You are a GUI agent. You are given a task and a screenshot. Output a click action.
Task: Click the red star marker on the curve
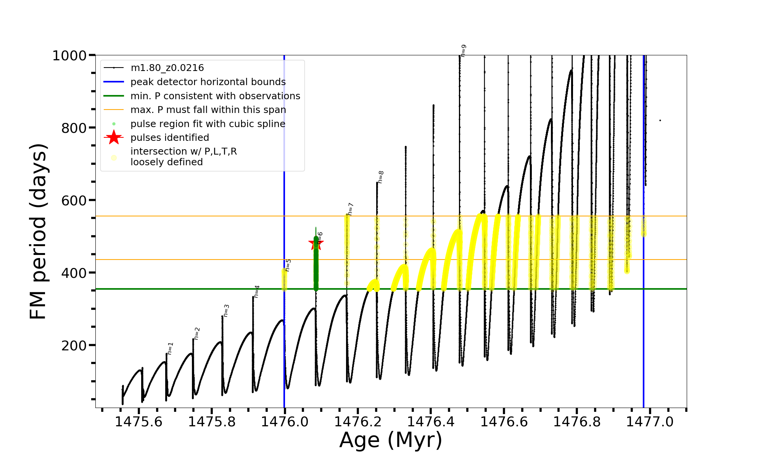(x=316, y=243)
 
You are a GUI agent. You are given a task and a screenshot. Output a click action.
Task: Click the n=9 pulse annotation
(x=464, y=51)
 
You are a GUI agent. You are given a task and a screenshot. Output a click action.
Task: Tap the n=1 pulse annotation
(x=170, y=348)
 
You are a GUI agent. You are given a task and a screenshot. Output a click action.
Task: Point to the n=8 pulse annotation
(x=381, y=177)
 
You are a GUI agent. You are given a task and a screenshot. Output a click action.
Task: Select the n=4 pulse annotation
(x=257, y=292)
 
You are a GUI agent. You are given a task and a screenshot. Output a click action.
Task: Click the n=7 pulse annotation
(x=351, y=209)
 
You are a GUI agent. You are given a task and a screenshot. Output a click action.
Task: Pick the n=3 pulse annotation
(x=226, y=311)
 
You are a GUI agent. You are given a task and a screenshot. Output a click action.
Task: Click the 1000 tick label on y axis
(x=69, y=56)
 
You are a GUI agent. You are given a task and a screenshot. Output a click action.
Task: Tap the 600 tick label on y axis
(x=74, y=200)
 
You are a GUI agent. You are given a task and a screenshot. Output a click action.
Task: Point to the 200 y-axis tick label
(x=74, y=345)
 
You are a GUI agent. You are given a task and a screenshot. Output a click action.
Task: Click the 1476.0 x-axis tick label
(x=285, y=422)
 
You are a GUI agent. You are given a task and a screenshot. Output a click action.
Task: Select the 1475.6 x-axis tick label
(x=138, y=422)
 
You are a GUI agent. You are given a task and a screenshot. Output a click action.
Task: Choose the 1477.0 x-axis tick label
(x=650, y=422)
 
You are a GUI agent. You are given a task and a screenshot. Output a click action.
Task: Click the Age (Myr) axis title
(x=391, y=440)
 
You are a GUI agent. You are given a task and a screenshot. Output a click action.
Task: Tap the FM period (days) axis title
(x=38, y=231)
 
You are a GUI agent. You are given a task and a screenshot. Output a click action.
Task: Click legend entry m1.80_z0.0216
(x=167, y=68)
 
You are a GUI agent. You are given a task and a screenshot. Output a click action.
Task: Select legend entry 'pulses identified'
(x=170, y=137)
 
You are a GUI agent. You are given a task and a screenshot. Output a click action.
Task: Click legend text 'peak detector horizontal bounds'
(x=208, y=82)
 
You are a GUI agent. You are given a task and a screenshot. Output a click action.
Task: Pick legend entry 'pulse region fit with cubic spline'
(x=208, y=124)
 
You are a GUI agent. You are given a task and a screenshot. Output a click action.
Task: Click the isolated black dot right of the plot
(x=660, y=121)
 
